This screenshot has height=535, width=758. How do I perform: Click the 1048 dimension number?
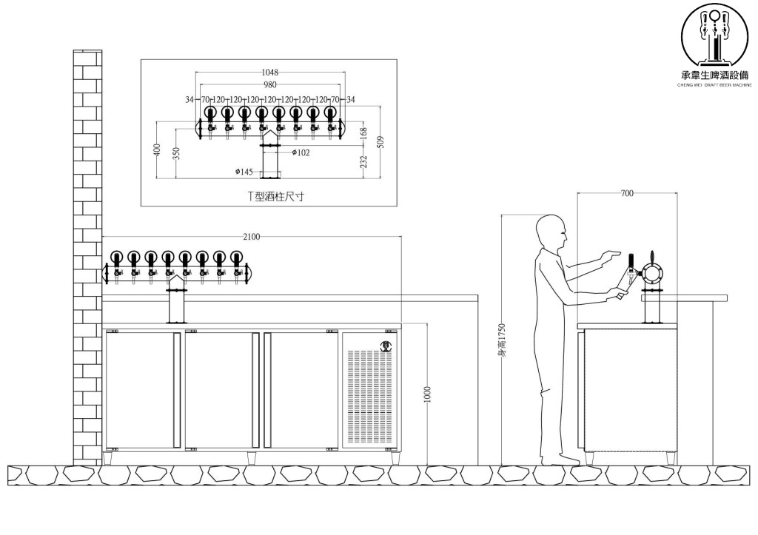269,73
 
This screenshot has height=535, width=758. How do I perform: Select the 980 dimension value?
269,84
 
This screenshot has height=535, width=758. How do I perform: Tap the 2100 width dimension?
252,237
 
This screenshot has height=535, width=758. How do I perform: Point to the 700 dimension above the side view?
627,194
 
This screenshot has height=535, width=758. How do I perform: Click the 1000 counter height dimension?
427,394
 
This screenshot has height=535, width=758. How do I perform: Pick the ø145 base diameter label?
244,172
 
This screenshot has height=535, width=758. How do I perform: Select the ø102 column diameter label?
301,152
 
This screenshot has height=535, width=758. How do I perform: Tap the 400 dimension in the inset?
157,150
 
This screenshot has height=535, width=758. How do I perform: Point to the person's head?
551,232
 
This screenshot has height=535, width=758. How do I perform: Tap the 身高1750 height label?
502,340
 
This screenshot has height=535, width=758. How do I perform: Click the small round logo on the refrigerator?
385,343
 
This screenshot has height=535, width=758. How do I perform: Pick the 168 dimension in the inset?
363,132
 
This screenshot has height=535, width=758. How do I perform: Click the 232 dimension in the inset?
363,161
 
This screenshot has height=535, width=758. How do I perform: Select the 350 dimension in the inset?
175,153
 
